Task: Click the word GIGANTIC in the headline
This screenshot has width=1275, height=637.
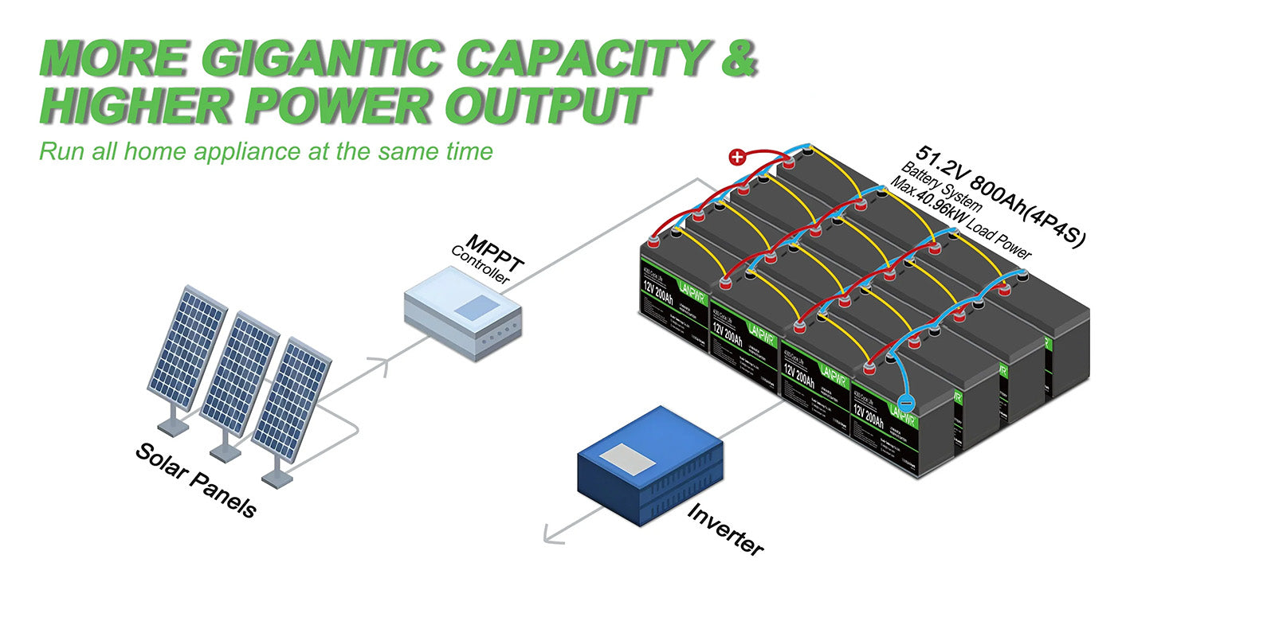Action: (x=324, y=57)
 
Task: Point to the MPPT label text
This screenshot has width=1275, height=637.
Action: (x=494, y=252)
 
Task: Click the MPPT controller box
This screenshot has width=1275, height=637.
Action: (x=463, y=315)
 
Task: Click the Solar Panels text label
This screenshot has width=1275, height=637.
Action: (x=196, y=480)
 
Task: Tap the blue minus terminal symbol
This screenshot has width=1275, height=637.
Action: (x=906, y=403)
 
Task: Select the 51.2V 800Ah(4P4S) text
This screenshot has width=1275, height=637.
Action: (x=1000, y=196)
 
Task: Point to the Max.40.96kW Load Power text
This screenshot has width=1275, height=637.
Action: (x=960, y=218)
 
